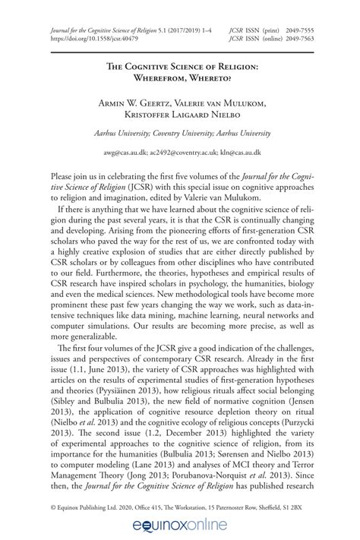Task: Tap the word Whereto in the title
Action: click(216, 78)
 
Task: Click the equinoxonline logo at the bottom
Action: click(179, 522)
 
